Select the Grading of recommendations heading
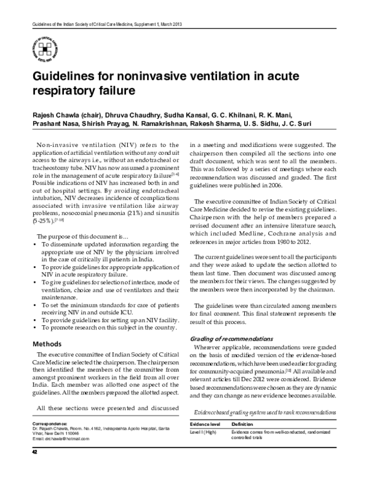pos(231,339)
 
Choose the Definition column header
pos(243,425)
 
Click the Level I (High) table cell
pos(207,435)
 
